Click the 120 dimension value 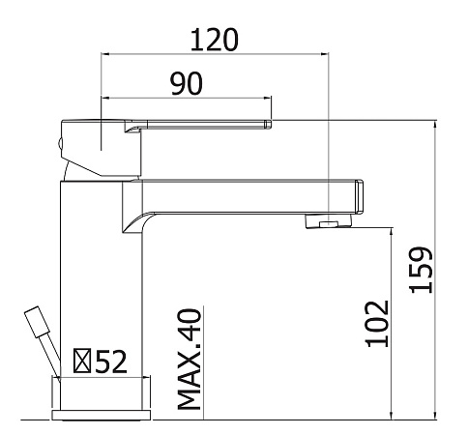(x=215, y=40)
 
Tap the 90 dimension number (x=187, y=83)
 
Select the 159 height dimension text (x=421, y=270)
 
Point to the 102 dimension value (x=377, y=324)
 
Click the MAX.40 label (x=190, y=360)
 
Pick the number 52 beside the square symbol (x=111, y=362)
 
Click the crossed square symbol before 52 (x=82, y=361)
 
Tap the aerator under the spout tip (x=328, y=221)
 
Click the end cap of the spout (x=359, y=197)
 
